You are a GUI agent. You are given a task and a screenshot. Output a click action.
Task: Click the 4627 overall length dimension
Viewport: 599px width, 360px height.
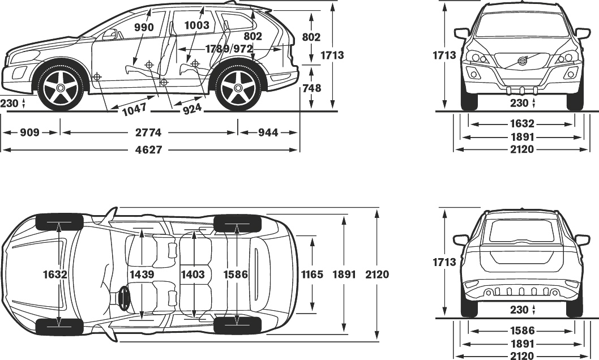(x=148, y=150)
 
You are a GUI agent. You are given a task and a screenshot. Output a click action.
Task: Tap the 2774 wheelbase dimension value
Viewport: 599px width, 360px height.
(x=148, y=132)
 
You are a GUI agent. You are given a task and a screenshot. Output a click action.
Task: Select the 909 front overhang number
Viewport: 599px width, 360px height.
(x=29, y=132)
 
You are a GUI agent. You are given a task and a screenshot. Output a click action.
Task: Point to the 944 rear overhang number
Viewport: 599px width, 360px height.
(x=268, y=132)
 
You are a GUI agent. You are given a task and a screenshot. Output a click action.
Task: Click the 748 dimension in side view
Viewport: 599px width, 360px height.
(x=311, y=88)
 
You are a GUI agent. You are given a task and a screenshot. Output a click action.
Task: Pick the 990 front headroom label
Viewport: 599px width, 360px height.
(x=144, y=27)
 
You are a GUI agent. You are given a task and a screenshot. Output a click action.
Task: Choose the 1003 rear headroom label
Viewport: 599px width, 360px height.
(x=196, y=25)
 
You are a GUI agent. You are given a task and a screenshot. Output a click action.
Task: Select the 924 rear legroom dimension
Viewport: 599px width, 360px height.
(x=192, y=108)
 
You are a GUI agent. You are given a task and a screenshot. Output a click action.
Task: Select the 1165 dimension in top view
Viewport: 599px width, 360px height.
(x=313, y=275)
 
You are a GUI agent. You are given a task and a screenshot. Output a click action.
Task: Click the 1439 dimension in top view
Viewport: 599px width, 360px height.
(x=142, y=275)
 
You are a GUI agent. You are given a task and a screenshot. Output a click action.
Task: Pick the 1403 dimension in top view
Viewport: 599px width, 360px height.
(x=192, y=275)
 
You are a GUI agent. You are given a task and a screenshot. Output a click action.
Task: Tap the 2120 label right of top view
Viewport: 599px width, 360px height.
(x=377, y=275)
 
